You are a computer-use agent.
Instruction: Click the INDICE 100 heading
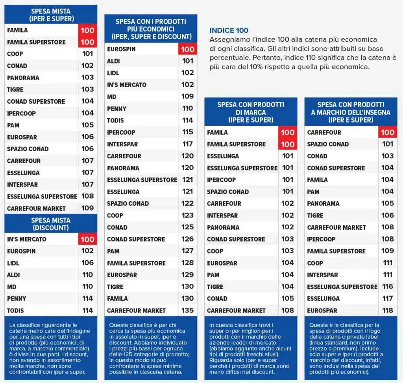(229, 31)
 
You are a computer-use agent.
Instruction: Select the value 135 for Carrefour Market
(188, 310)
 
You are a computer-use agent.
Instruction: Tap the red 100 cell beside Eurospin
(188, 49)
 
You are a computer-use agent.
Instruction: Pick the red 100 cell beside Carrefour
(388, 132)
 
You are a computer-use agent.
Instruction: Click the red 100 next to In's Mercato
(87, 239)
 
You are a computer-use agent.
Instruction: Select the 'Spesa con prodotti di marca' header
(251, 112)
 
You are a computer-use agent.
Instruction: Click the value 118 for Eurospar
(388, 310)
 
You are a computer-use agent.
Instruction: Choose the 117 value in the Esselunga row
(388, 298)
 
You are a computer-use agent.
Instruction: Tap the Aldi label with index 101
(113, 61)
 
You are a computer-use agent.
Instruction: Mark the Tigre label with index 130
(115, 287)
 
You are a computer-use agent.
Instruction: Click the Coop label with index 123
(115, 216)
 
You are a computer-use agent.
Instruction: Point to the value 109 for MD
(188, 97)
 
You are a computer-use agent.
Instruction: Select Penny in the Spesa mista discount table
(17, 299)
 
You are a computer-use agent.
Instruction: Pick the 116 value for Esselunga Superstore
(388, 286)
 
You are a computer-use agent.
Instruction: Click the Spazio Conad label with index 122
(128, 204)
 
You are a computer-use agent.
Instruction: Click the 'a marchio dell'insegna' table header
(351, 112)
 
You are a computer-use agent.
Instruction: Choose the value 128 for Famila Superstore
(188, 263)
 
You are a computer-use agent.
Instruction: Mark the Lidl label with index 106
(13, 263)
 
